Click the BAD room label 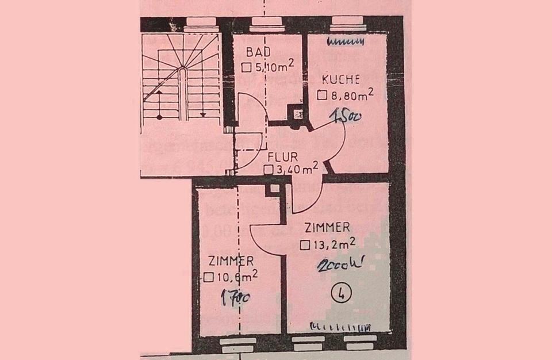[258, 52]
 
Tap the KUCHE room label [341, 79]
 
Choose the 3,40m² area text [297, 169]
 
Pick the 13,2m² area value [333, 244]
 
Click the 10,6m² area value [236, 277]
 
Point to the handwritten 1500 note [344, 117]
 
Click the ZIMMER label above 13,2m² [328, 228]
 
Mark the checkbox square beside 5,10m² [247, 67]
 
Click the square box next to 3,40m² [268, 170]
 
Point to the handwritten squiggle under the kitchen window [346, 41]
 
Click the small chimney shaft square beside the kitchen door [298, 113]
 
